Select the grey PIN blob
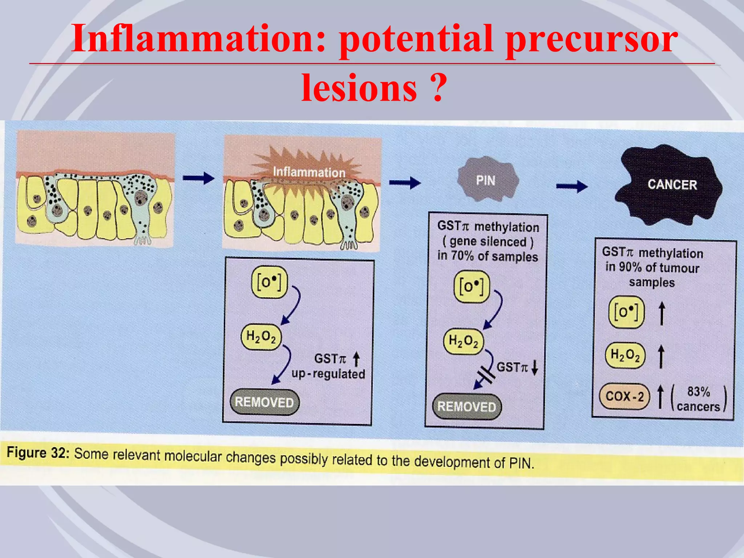coord(487,180)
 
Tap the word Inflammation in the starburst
coord(309,172)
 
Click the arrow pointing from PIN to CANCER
coord(571,186)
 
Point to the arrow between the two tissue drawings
coord(198,178)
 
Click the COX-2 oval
coord(624,396)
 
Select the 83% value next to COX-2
coord(698,392)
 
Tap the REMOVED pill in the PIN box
coord(466,407)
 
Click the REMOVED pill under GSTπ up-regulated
coord(264,402)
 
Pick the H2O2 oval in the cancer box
coord(625,355)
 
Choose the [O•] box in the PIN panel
coord(472,287)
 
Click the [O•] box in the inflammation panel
coord(269,282)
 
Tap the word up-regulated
coord(328,374)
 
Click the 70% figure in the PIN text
coord(462,256)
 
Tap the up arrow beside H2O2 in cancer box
coord(661,356)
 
